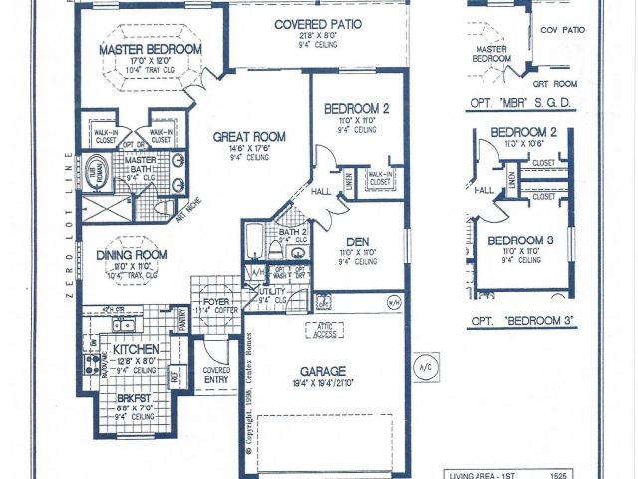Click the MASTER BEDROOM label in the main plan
151,49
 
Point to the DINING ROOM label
132,255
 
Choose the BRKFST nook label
136,396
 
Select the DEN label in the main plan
358,241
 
